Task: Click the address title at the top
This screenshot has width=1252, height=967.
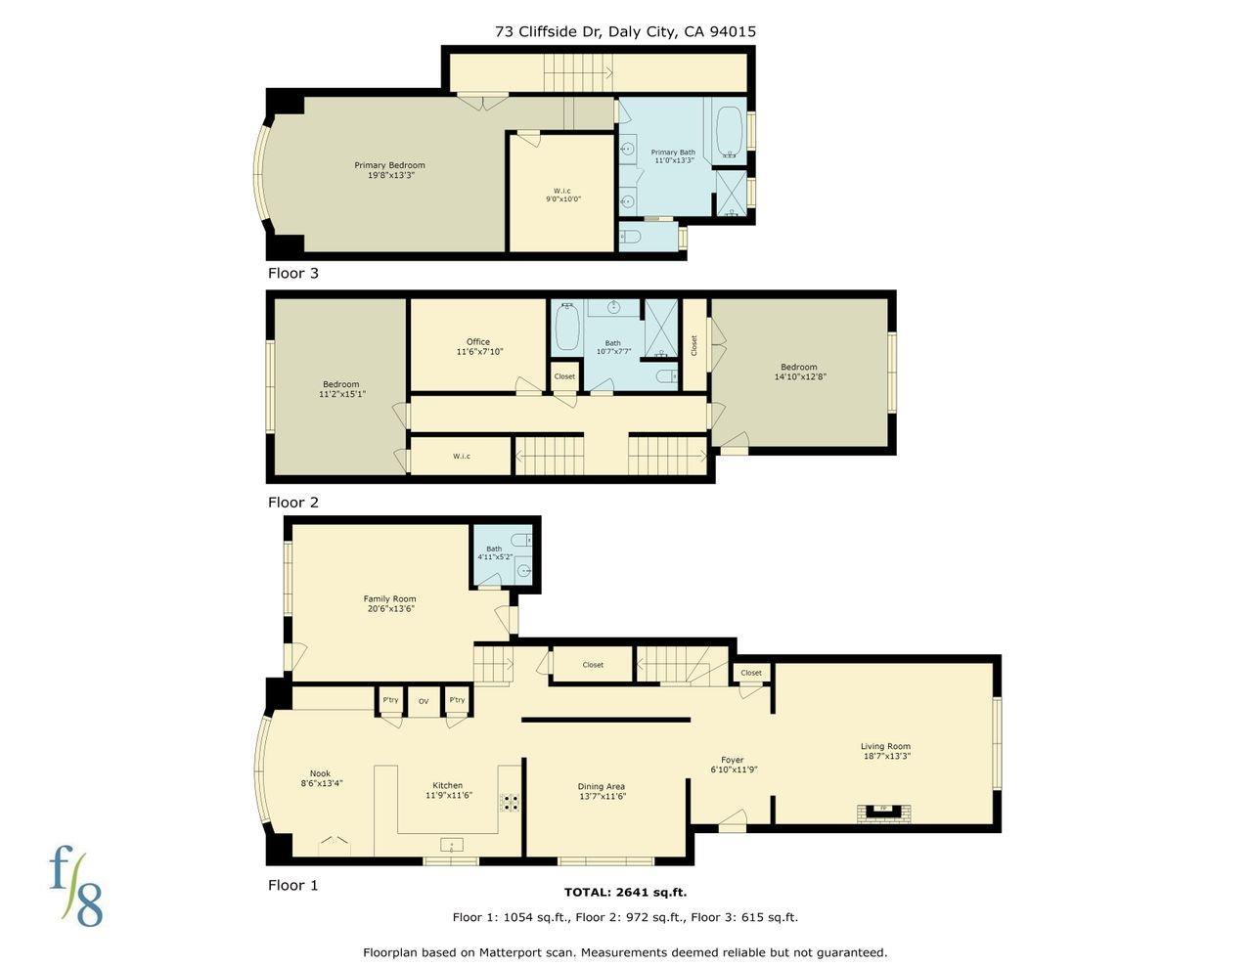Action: [625, 31]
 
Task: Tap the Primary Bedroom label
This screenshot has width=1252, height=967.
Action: [389, 170]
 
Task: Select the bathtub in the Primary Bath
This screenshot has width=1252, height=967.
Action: [729, 132]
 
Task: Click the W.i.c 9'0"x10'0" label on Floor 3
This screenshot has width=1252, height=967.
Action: [561, 195]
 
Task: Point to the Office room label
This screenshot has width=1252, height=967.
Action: [478, 347]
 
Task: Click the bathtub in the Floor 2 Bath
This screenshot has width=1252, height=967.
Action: [566, 328]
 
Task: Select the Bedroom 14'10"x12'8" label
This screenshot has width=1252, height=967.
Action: [798, 372]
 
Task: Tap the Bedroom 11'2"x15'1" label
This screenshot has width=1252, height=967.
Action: [340, 389]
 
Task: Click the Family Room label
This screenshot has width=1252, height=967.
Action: [389, 603]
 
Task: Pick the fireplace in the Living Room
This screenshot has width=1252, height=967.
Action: [883, 810]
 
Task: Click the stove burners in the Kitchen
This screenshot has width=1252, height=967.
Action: [511, 803]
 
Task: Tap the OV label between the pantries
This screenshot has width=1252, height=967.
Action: [424, 701]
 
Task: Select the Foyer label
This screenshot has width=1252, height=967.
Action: [733, 765]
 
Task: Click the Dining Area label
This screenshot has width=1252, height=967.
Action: [601, 791]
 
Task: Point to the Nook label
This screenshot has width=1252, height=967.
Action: [321, 778]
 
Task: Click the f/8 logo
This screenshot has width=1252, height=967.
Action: [76, 887]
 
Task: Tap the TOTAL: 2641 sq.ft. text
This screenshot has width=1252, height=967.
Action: [625, 892]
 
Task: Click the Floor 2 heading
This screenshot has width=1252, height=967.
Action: [293, 503]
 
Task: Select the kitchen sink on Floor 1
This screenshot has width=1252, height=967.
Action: [452, 844]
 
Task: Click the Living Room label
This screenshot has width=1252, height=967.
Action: [885, 751]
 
